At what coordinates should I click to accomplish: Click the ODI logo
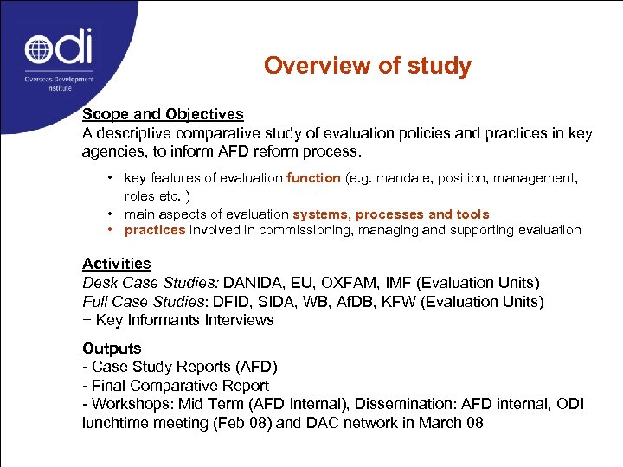coord(58,54)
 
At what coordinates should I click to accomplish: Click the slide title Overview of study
coord(368,66)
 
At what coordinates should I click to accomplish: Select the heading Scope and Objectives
coord(163,114)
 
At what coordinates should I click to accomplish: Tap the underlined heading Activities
coord(117,264)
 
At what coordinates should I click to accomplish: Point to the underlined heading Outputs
coord(112,349)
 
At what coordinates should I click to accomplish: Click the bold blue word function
coord(314,178)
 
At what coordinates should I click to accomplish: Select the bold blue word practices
coord(155,230)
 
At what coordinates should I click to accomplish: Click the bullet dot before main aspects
coord(112,214)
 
